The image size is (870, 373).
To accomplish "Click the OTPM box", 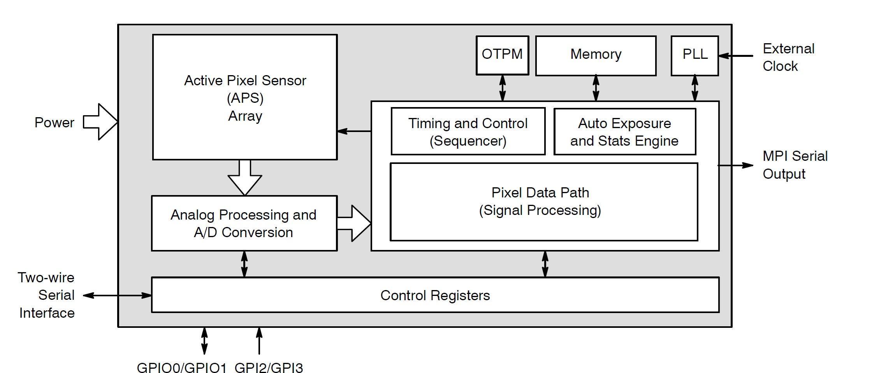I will coord(502,55).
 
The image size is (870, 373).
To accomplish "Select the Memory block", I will coord(596,55).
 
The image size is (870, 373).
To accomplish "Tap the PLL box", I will coord(695,55).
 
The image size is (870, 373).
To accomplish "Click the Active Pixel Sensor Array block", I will coord(245,97).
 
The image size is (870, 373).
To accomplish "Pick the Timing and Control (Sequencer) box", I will coord(468,132).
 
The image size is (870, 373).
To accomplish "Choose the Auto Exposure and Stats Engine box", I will coord(624,132).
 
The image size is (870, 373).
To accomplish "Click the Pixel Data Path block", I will coord(543,202).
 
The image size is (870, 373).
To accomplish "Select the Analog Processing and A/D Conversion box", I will coord(244,223).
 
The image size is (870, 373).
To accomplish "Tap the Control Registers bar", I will coord(435,295).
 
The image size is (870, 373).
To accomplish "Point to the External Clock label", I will coord(788,57).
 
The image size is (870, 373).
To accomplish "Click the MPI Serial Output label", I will coord(794,165).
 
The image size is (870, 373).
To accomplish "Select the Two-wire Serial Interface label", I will coord(46,295).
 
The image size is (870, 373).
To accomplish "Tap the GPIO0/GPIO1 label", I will coord(181,368).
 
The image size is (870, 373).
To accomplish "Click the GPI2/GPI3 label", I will coord(269,368).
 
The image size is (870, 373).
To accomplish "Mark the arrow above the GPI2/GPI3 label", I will coord(259,341).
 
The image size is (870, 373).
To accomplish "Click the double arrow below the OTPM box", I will coord(503,88).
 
